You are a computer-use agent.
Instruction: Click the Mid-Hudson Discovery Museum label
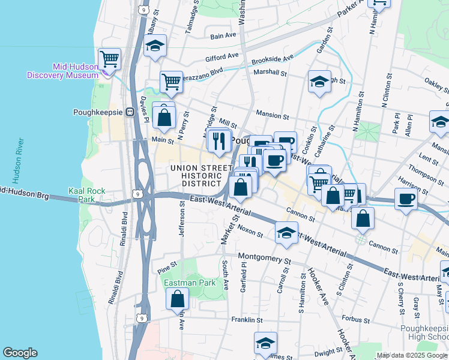[x=62, y=71]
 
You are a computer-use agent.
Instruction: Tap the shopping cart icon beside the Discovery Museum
[x=110, y=59]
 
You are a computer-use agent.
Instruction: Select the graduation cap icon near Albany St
[x=155, y=47]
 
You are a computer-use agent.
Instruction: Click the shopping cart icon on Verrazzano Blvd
[x=171, y=82]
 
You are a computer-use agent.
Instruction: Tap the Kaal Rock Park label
[x=87, y=195]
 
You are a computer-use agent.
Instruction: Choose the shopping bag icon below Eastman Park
[x=178, y=299]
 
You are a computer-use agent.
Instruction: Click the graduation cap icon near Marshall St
[x=319, y=82]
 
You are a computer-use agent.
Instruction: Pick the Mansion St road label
[x=273, y=114]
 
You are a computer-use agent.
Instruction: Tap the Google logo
[x=20, y=353]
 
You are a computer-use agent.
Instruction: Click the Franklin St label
[x=247, y=320]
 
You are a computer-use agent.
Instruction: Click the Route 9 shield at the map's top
[x=142, y=9]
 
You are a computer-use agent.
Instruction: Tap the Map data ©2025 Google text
[x=411, y=355]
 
